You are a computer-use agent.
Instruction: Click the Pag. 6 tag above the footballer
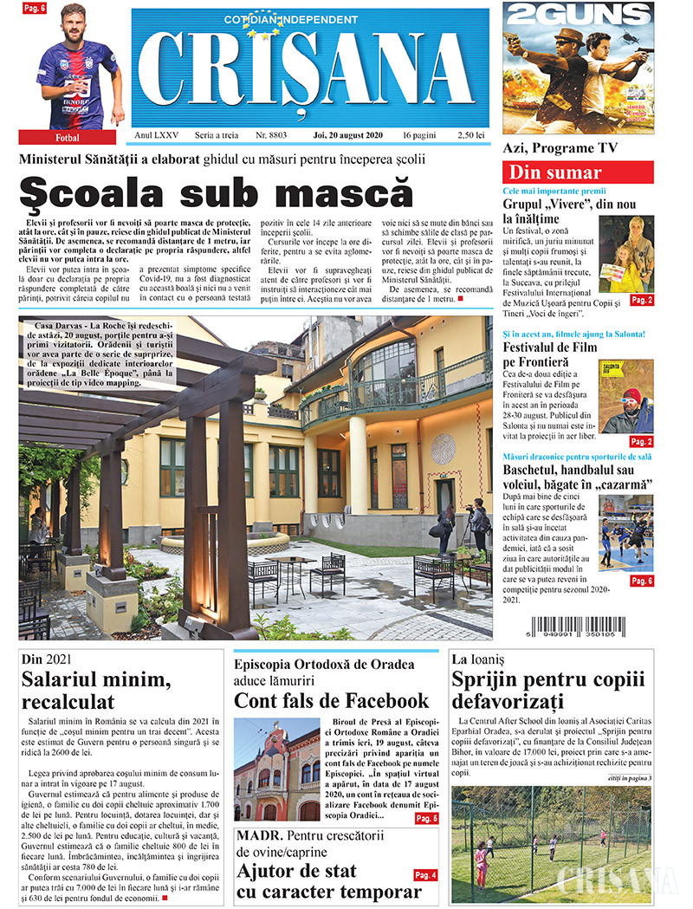[x=34, y=9]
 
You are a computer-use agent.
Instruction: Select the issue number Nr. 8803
[x=271, y=136]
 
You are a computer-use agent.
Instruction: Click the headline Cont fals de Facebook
[x=332, y=700]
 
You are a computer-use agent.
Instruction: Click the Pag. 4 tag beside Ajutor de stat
[x=424, y=875]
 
